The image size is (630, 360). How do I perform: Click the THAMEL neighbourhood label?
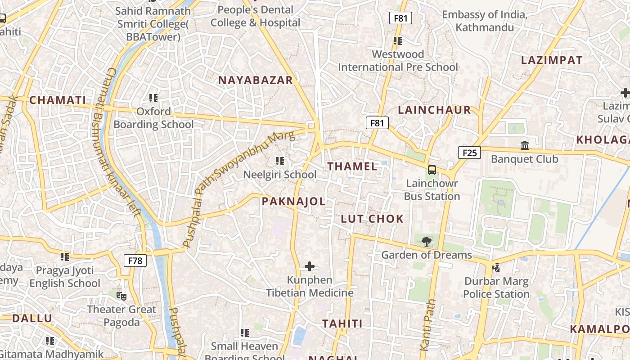click(352, 166)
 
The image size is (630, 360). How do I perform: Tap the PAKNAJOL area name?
click(294, 202)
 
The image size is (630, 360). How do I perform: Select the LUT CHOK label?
click(372, 219)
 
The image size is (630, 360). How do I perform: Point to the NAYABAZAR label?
click(256, 81)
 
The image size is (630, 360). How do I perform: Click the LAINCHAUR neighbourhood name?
click(434, 110)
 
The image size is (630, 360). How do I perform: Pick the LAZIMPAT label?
click(552, 60)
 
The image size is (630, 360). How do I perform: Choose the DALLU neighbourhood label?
click(32, 319)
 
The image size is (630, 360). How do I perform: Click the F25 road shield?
click(469, 153)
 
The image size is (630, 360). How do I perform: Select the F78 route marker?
click(135, 260)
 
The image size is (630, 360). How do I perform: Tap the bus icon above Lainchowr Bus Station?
click(432, 170)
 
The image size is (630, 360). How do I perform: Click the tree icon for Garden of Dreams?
click(427, 242)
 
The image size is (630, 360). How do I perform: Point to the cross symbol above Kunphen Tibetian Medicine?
click(310, 266)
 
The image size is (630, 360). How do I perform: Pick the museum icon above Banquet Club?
click(525, 146)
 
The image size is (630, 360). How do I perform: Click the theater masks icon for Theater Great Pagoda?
click(121, 296)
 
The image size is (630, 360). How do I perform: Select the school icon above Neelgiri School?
click(280, 161)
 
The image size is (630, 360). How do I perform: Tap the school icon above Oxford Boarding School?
click(153, 98)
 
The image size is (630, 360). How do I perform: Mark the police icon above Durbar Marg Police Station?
click(496, 268)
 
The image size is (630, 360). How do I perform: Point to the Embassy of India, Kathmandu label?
click(484, 21)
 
